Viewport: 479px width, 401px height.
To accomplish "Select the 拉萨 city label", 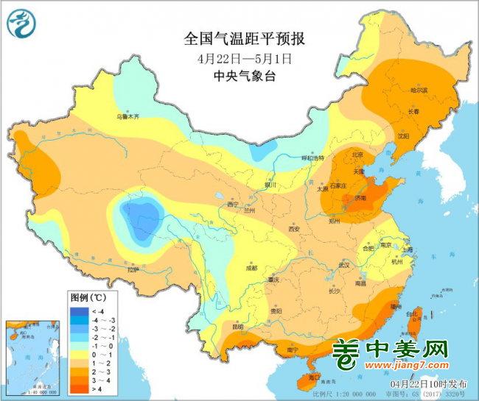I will [x=132, y=270].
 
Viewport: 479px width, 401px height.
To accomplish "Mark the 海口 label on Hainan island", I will [x=315, y=377].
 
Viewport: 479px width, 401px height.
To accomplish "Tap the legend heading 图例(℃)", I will [x=88, y=299].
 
